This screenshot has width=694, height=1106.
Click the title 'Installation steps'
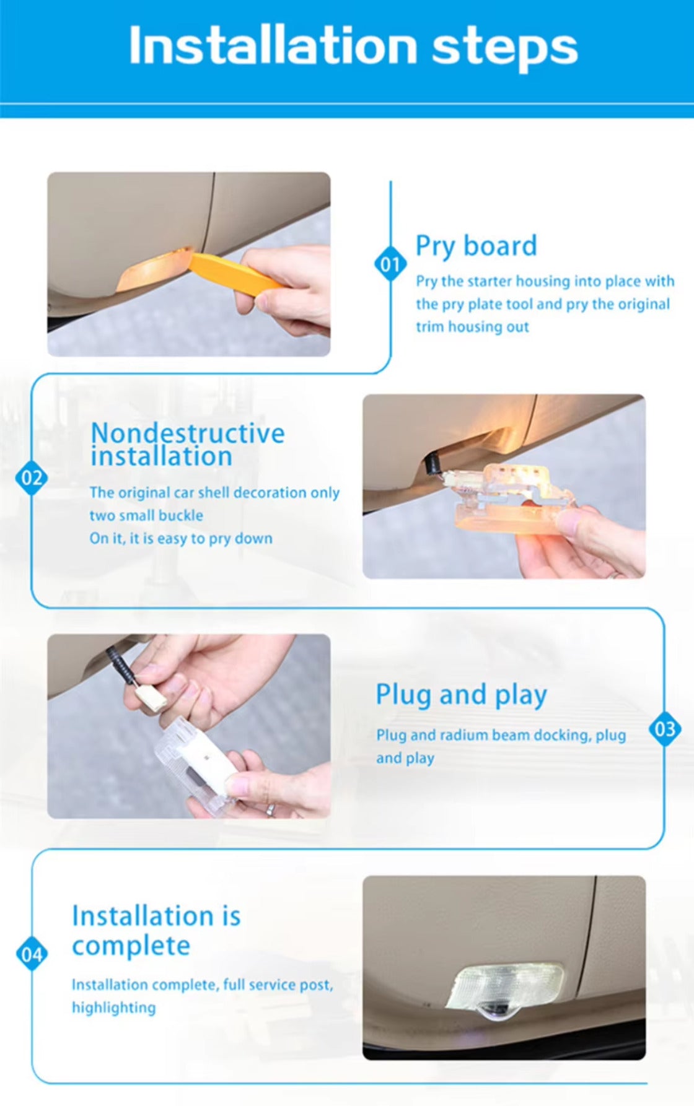(x=353, y=46)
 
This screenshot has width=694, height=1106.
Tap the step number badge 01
(x=390, y=264)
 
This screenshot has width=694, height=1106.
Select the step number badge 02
(x=32, y=478)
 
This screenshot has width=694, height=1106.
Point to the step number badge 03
(x=665, y=729)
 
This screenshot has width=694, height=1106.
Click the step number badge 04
(x=32, y=954)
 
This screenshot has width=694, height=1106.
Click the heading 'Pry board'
(x=476, y=246)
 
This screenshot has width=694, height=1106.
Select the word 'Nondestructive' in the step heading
(x=188, y=433)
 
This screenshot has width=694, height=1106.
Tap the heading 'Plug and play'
(x=461, y=695)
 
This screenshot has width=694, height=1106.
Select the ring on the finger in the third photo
(x=270, y=809)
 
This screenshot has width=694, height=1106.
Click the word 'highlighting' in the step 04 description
(x=113, y=1008)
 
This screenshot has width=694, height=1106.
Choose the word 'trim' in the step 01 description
(x=429, y=327)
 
